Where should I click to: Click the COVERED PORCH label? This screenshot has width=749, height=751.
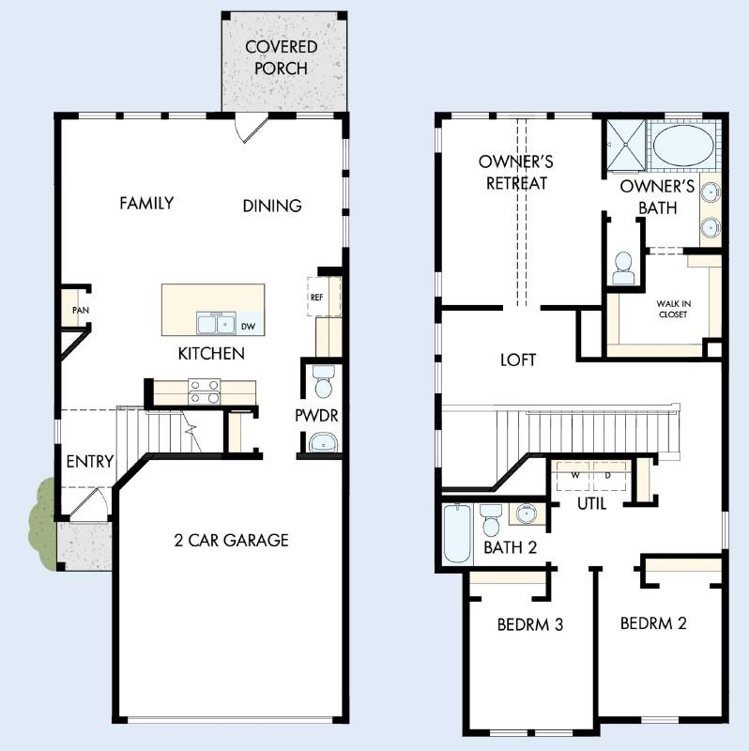click(x=281, y=57)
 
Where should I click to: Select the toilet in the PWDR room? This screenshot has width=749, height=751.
click(x=323, y=383)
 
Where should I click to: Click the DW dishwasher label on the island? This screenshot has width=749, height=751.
click(x=248, y=326)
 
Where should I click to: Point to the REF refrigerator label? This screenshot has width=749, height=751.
click(x=316, y=297)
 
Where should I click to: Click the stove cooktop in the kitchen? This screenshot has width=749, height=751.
click(x=204, y=390)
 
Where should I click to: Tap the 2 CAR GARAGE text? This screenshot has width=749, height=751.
click(x=231, y=540)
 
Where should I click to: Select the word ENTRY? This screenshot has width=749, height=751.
click(x=90, y=462)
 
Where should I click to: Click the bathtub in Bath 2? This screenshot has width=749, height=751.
click(x=457, y=534)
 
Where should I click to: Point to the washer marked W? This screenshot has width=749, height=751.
click(x=575, y=475)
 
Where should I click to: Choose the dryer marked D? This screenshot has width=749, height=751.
click(x=609, y=475)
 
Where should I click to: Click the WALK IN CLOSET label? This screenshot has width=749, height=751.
click(x=672, y=309)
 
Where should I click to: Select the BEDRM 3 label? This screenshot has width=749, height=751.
click(x=529, y=624)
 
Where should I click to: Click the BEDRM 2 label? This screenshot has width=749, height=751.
click(x=653, y=622)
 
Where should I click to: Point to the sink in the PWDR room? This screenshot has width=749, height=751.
click(x=324, y=441)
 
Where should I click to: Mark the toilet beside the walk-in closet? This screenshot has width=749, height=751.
click(x=623, y=268)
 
